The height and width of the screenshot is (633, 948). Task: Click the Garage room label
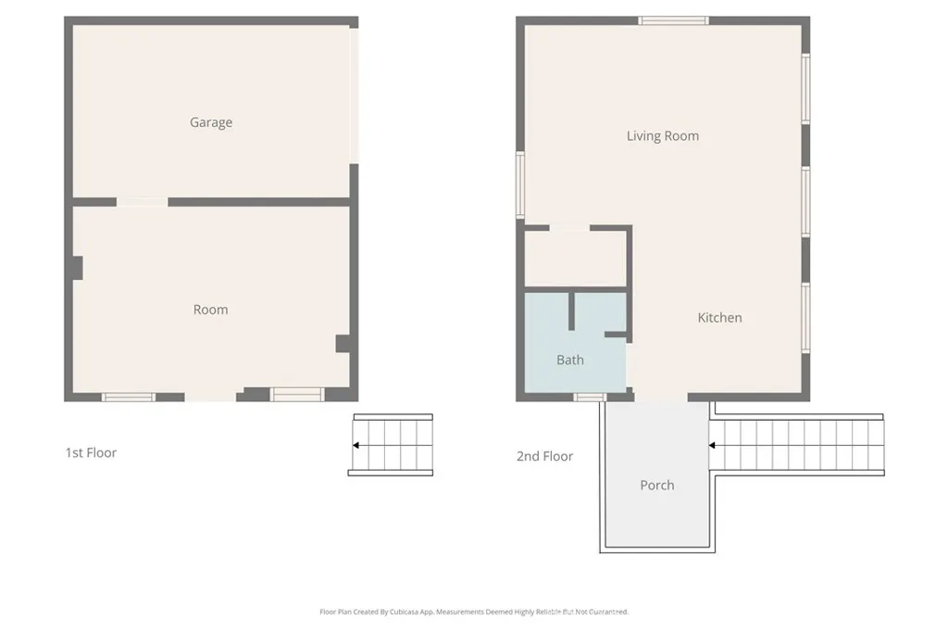(x=211, y=122)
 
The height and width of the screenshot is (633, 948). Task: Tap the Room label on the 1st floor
(x=210, y=310)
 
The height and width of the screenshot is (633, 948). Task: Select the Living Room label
(x=662, y=136)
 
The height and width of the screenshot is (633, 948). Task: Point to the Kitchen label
(x=719, y=318)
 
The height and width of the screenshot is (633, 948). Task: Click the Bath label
(x=570, y=360)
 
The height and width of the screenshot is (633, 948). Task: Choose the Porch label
(x=657, y=485)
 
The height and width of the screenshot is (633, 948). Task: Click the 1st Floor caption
(x=91, y=453)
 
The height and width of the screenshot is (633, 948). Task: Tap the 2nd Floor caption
(x=544, y=456)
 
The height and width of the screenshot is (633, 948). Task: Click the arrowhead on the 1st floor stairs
(x=356, y=446)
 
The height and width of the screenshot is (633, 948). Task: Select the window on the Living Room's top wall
(x=673, y=20)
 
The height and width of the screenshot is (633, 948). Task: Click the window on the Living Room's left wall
(x=520, y=184)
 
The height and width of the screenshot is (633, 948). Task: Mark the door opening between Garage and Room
(x=142, y=201)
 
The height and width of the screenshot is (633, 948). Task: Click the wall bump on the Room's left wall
(x=77, y=267)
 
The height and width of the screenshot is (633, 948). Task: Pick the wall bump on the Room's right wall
(x=343, y=344)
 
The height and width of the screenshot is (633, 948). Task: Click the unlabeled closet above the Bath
(x=575, y=260)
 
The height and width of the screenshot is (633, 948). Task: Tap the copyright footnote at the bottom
(x=474, y=612)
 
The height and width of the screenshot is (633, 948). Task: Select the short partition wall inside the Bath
(x=573, y=311)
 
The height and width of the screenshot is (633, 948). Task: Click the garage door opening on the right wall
(x=354, y=93)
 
